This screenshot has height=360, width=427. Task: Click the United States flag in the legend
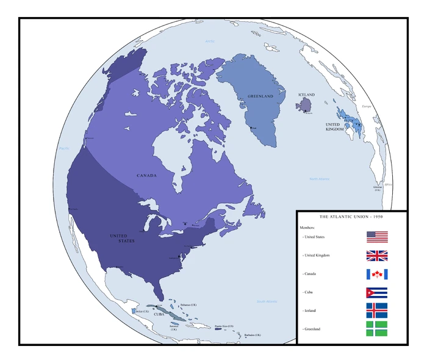click(377, 237)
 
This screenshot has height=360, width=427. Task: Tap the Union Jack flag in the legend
click(377, 256)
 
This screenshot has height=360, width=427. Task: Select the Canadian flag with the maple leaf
click(377, 274)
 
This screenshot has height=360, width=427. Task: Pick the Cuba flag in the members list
click(377, 292)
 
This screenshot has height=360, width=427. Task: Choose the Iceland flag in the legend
click(377, 310)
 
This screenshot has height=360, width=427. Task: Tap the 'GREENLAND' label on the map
click(260, 96)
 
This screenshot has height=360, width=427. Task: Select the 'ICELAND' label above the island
click(306, 95)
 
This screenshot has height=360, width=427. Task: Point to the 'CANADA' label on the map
click(146, 176)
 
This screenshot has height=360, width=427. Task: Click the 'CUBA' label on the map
click(159, 314)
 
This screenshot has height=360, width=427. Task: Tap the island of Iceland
click(304, 106)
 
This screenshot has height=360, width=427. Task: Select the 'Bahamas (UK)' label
click(189, 304)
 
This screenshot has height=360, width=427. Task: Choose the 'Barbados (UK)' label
click(252, 335)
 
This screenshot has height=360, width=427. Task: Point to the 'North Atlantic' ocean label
click(319, 179)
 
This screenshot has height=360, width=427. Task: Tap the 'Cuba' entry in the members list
click(312, 292)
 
